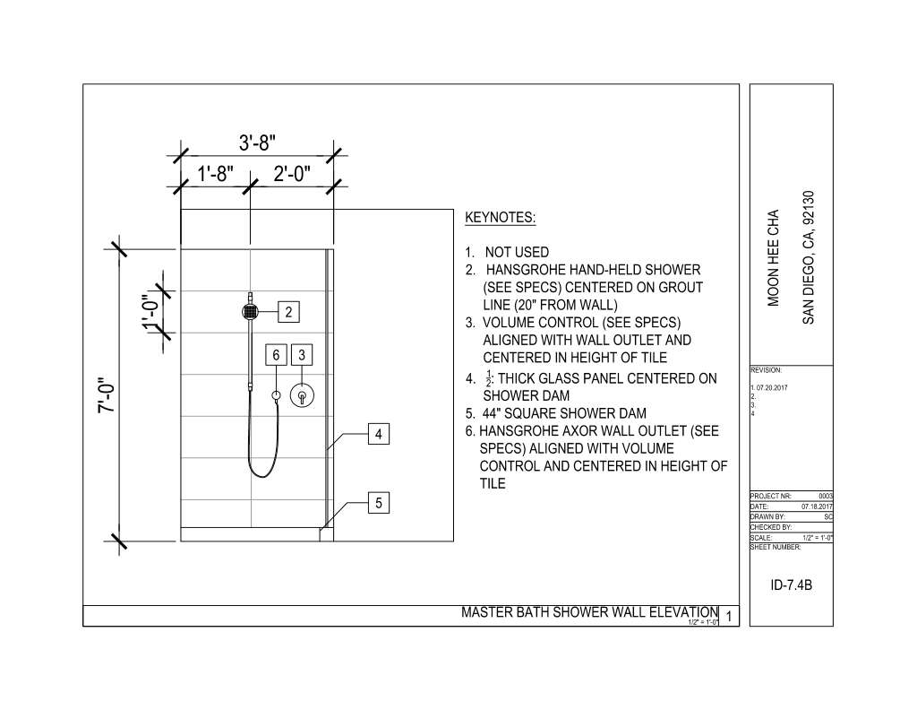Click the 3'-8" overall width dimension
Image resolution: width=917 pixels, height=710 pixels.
[x=257, y=143]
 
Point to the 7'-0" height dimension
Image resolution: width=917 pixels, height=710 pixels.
[x=107, y=394]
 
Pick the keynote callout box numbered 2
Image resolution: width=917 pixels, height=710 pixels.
[x=288, y=312]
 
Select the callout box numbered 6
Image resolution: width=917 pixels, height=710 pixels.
[x=277, y=355]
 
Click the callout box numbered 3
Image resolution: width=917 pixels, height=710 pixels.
[x=303, y=355]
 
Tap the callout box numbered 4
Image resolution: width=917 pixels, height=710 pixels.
[x=379, y=435]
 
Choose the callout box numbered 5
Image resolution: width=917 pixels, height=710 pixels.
[x=379, y=504]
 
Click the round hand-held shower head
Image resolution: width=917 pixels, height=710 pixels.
[x=251, y=312]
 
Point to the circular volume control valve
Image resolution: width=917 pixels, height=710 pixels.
[x=303, y=395]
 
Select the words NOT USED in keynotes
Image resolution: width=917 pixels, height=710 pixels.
[x=516, y=253]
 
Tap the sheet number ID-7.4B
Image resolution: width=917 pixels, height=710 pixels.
[x=791, y=585]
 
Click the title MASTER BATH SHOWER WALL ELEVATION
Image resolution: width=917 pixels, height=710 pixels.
[x=589, y=612]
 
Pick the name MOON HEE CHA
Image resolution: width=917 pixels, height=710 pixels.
[x=776, y=258]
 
